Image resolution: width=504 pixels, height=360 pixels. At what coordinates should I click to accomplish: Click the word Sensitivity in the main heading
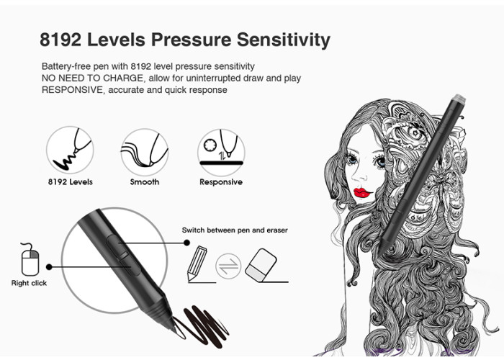[284, 40]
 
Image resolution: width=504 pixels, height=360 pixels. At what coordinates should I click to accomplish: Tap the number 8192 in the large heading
[60, 40]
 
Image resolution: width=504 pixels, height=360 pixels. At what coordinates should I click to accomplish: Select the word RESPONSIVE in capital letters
[72, 90]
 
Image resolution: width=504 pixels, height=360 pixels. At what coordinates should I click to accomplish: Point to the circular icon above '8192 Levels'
[70, 150]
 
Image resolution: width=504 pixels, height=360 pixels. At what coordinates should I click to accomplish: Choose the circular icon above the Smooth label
[145, 152]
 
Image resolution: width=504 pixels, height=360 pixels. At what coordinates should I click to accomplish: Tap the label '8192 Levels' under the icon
[71, 182]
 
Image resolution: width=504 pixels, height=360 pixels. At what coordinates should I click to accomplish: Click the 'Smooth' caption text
[145, 182]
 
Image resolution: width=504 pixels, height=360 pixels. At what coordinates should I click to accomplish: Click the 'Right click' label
[29, 283]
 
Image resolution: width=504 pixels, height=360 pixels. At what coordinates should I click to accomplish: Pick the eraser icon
[261, 266]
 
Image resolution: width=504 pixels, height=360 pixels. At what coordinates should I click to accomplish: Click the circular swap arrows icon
[228, 266]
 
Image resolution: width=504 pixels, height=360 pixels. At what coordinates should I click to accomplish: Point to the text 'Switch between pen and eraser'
[235, 230]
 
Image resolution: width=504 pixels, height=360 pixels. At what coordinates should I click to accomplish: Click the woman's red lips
[363, 193]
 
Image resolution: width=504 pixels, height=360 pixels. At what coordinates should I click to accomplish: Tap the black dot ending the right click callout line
[49, 267]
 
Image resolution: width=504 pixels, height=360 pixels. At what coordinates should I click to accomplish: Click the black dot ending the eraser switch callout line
[186, 243]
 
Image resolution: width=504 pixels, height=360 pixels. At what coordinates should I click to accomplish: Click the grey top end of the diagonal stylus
[459, 99]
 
